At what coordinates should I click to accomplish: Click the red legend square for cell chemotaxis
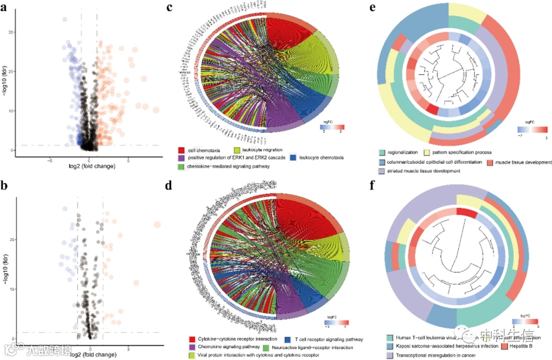[x=181, y=150]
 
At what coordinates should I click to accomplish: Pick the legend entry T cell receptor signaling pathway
[x=323, y=339]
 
